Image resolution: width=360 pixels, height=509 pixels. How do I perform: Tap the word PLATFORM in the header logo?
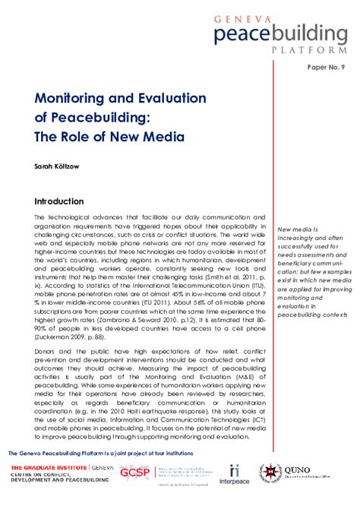314,48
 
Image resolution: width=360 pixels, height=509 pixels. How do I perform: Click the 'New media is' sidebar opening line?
298,229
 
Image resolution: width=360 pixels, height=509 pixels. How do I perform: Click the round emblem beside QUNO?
273,475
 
